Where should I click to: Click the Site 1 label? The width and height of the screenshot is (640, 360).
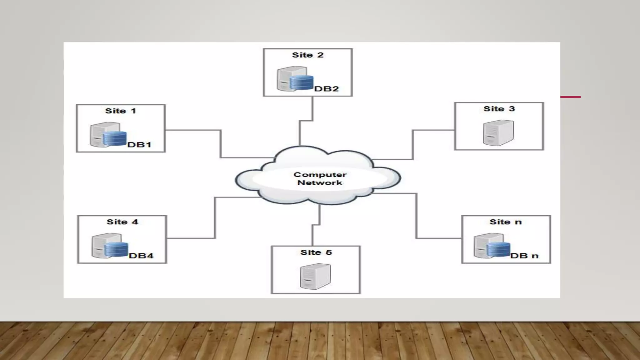click(120, 111)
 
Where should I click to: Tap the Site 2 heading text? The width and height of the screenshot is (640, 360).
click(307, 55)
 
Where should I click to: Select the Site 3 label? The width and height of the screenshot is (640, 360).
click(499, 109)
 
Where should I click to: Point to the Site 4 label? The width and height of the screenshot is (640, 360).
click(122, 222)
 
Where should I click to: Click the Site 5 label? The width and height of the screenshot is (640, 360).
click(316, 252)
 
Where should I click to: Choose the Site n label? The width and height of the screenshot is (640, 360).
click(505, 222)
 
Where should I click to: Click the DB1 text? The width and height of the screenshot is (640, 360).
click(139, 145)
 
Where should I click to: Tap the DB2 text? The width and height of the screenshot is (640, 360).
click(327, 89)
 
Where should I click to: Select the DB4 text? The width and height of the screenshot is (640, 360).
click(141, 256)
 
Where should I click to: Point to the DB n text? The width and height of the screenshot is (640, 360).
click(524, 256)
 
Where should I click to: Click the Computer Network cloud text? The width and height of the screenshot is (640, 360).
click(320, 178)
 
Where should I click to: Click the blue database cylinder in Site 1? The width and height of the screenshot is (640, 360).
click(115, 139)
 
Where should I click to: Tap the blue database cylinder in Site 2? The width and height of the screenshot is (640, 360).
click(301, 82)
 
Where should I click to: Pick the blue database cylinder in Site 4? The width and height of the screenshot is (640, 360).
click(116, 249)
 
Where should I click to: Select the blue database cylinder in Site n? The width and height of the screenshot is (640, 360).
click(498, 249)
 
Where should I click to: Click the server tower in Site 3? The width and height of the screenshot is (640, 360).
click(498, 133)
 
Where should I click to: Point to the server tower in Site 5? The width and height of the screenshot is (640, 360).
click(315, 276)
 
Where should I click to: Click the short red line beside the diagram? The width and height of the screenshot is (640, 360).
click(570, 97)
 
